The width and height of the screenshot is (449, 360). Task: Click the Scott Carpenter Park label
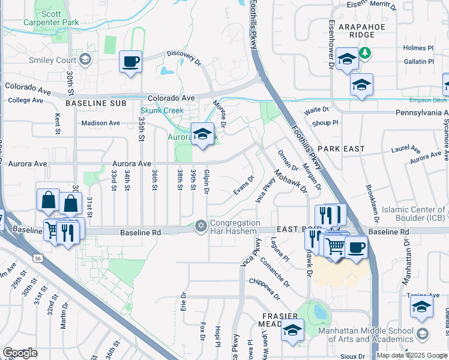click(x=52, y=17)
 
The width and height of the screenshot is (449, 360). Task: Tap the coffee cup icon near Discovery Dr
click(x=130, y=61)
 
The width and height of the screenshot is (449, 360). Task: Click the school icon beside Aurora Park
click(x=203, y=134)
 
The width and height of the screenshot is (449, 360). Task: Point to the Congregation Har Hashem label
click(x=235, y=227)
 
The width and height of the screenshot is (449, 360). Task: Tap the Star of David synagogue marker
click(x=200, y=226)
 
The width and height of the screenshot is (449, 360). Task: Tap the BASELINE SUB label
click(x=95, y=103)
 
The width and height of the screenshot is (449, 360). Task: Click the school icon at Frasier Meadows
click(x=292, y=330)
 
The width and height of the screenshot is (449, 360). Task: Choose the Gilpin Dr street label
click(x=206, y=181)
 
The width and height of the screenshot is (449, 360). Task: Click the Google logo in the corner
click(x=20, y=353)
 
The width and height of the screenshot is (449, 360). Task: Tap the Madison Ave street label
click(x=101, y=123)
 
